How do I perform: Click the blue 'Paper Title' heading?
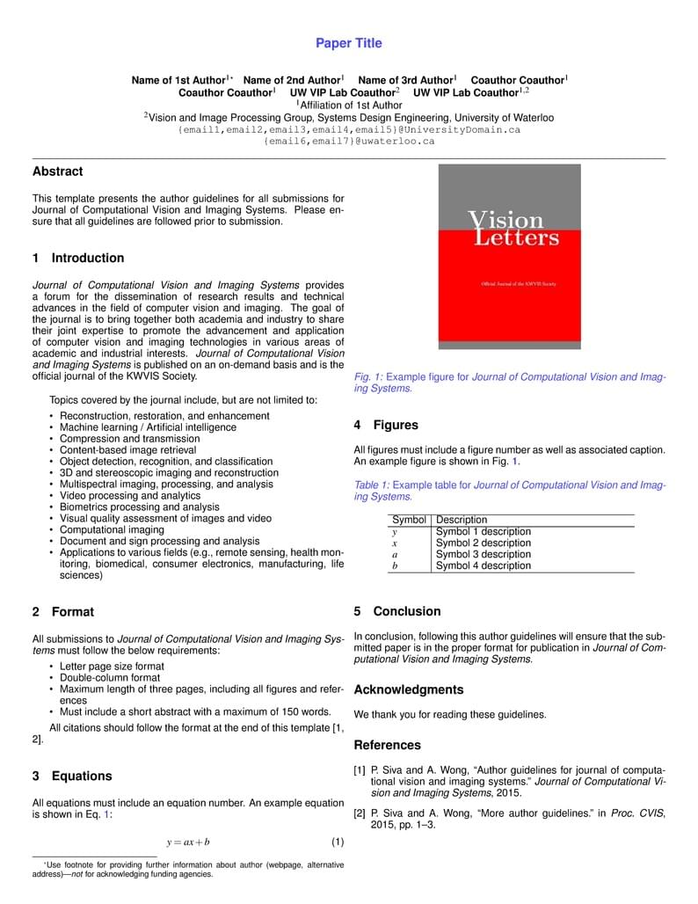pos(349,43)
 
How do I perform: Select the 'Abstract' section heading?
pos(58,171)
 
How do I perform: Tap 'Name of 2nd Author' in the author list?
pos(292,80)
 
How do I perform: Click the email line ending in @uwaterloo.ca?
pos(349,141)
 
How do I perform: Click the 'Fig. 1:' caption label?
pos(369,377)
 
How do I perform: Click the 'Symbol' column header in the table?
pos(409,520)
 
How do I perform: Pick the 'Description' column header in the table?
pos(462,520)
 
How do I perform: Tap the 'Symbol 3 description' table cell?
pos(484,555)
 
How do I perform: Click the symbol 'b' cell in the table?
pos(395,566)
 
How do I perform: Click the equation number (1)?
pos(338,842)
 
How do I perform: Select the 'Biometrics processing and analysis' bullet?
pos(139,507)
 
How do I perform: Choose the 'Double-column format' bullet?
pos(110,678)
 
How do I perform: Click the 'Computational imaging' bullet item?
pos(112,530)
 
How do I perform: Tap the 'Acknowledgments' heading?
pos(408,690)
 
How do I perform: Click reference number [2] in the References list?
pos(360,813)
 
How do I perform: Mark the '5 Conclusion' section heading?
pos(397,611)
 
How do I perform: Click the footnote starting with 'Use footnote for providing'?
pos(187,870)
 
